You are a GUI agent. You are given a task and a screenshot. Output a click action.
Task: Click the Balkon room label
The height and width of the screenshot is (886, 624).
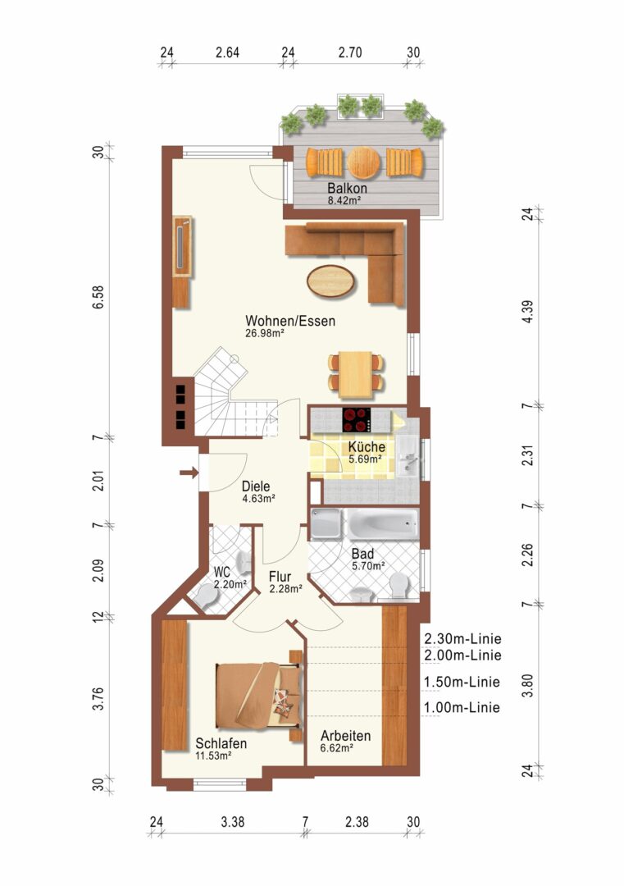348,188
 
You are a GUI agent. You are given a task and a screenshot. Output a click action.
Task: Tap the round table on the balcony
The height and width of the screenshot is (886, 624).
364,162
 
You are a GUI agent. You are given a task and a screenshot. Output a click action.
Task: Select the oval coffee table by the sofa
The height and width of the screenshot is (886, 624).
331,281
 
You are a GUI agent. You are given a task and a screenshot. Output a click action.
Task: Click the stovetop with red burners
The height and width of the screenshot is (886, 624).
357,420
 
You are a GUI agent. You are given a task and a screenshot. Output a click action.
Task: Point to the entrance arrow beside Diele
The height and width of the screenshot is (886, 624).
189,473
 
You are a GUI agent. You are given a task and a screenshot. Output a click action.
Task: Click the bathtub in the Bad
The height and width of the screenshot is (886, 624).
383,524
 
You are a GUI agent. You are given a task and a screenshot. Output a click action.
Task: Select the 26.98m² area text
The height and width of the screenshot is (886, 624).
264,333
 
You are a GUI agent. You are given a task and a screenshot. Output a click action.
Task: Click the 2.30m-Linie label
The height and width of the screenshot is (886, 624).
462,639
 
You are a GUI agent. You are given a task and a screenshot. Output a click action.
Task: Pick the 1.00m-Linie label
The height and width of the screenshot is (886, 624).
462,707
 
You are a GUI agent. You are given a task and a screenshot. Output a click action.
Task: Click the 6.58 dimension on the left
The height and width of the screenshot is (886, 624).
99,297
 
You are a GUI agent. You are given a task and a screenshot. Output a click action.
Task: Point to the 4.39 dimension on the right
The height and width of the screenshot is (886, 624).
527,312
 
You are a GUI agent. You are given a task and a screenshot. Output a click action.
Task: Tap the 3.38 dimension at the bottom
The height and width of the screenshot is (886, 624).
233,821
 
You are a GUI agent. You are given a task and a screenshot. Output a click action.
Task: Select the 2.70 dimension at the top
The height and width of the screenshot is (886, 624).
350,53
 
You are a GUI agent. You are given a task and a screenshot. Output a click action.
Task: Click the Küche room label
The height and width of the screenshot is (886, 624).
367,446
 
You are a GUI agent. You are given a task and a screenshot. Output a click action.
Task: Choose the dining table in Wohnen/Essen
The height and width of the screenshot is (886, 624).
357,373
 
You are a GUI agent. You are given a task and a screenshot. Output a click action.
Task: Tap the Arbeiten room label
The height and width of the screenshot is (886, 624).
345,736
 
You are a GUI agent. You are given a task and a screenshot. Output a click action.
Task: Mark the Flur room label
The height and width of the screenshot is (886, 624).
280,577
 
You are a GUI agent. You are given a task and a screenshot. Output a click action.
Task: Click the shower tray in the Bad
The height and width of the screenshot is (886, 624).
326,523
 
